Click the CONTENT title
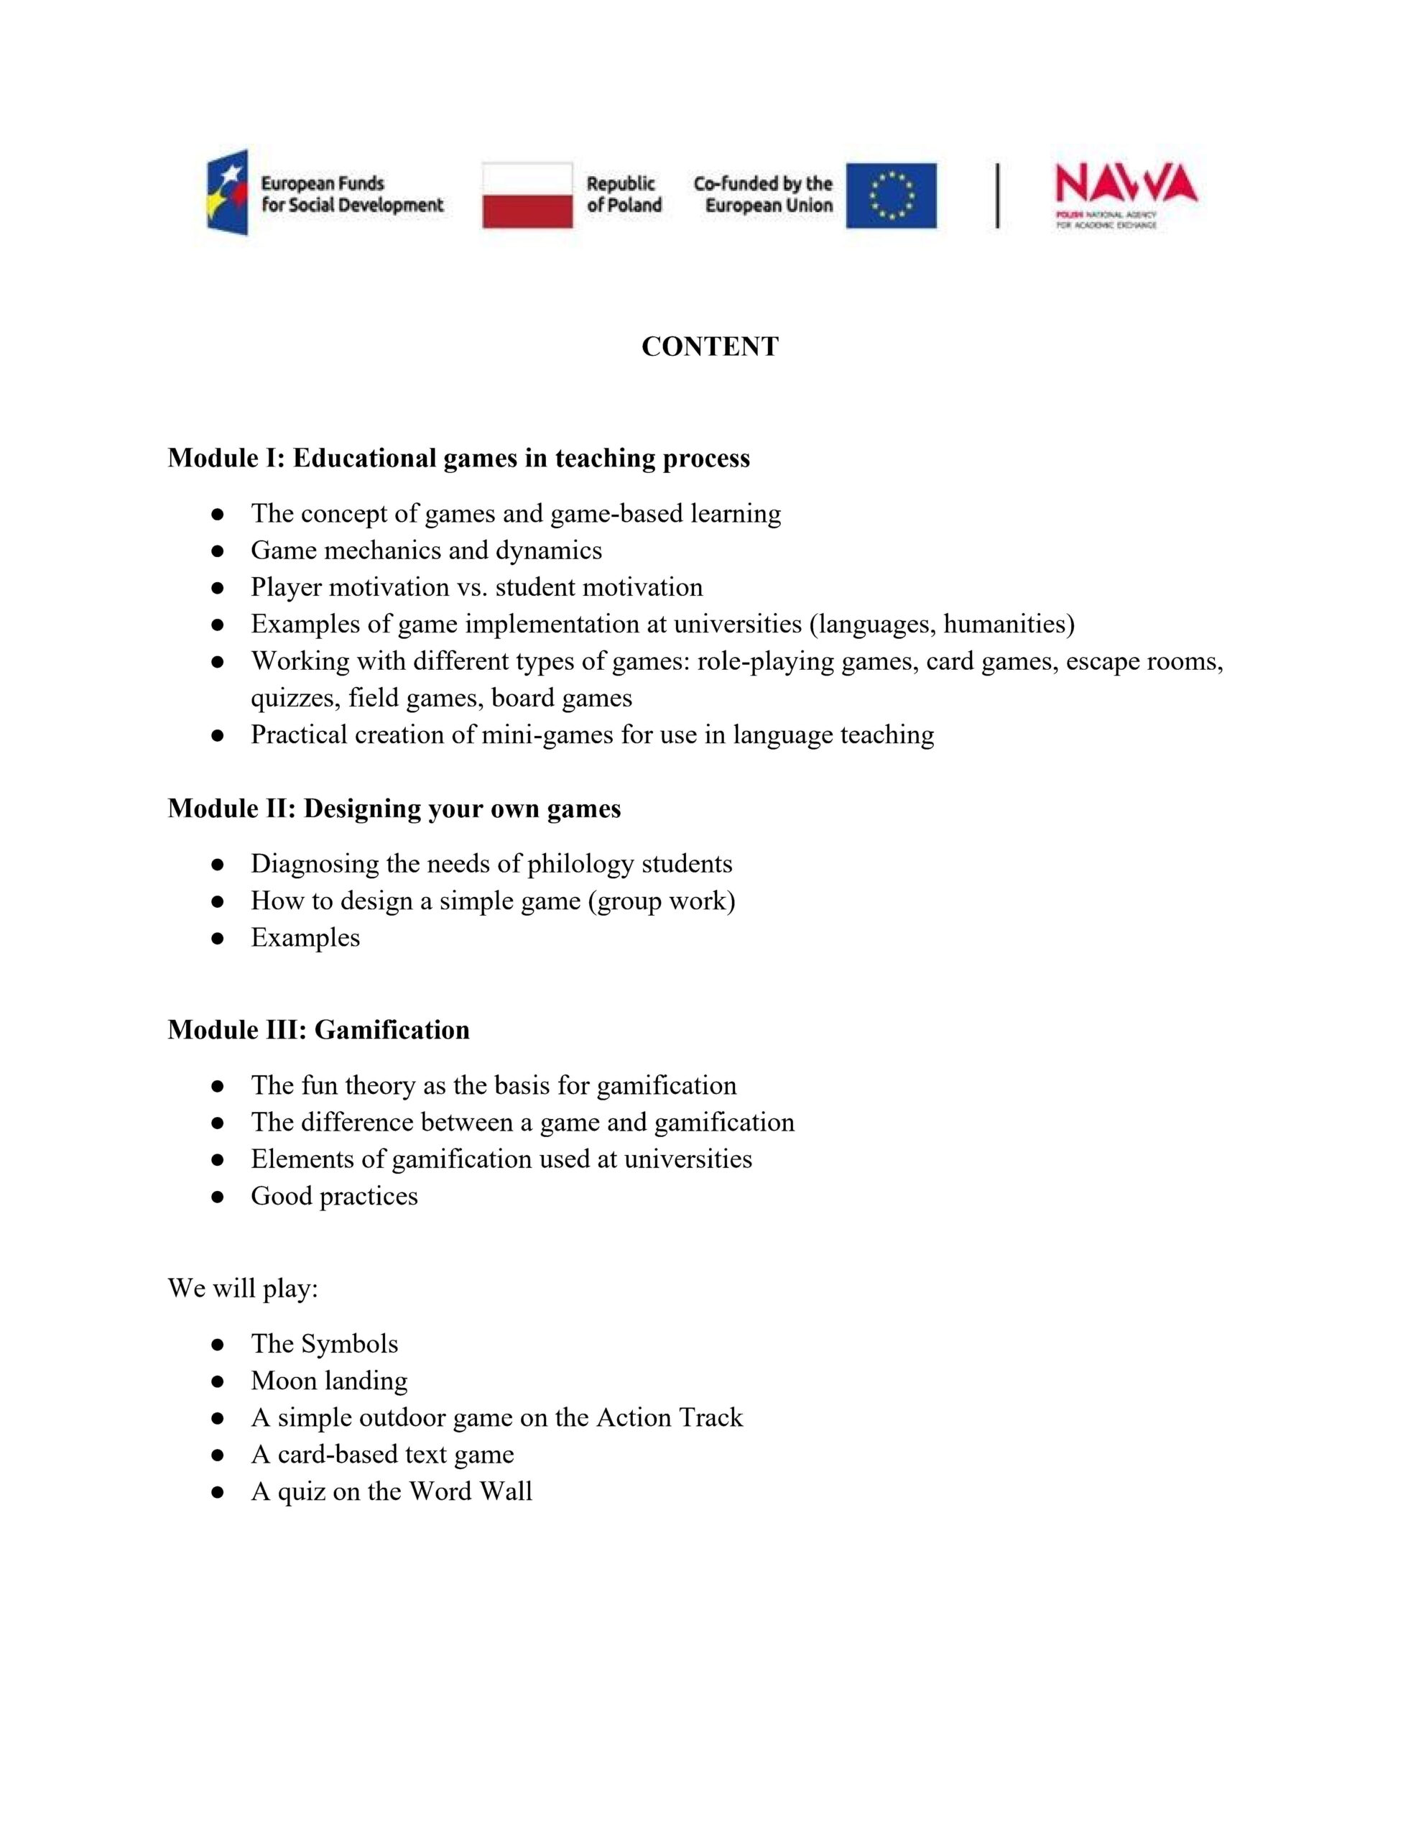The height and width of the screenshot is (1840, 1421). pyautogui.click(x=709, y=346)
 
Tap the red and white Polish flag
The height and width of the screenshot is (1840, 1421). pyautogui.click(x=527, y=195)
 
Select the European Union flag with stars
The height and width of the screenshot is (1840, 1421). pyautogui.click(x=892, y=195)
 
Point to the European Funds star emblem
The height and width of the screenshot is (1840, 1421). pyautogui.click(x=228, y=192)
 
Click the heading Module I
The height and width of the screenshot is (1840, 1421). pyautogui.click(x=458, y=459)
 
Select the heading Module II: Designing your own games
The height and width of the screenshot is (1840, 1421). pyautogui.click(x=394, y=809)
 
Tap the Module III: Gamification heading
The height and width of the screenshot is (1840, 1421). pyautogui.click(x=318, y=1029)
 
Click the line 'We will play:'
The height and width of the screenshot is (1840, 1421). pyautogui.click(x=243, y=1288)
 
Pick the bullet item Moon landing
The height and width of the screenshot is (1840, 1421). pyautogui.click(x=328, y=1381)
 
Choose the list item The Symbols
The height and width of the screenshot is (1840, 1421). pyautogui.click(x=324, y=1344)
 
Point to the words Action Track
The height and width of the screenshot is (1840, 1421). pyautogui.click(x=669, y=1418)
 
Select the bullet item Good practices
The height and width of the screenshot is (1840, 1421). pyautogui.click(x=333, y=1196)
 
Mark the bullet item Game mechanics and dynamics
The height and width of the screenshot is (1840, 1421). pyautogui.click(x=426, y=551)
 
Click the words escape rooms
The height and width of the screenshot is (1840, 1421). pyautogui.click(x=1144, y=661)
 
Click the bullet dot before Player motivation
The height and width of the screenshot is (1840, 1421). pyautogui.click(x=218, y=588)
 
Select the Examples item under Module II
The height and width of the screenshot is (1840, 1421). pyautogui.click(x=305, y=938)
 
